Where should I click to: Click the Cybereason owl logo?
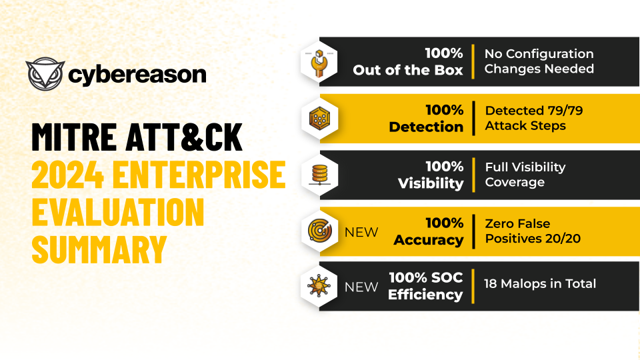coord(45,75)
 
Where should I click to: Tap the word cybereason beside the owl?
coord(137,75)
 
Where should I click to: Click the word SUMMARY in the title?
coord(99,249)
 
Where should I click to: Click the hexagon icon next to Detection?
coord(318,118)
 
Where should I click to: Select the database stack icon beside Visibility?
coord(318,175)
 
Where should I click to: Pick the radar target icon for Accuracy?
coord(318,231)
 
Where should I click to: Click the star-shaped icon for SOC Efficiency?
coord(318,286)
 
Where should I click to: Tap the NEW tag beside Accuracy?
coord(361,232)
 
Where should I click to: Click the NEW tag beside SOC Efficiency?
coord(361,287)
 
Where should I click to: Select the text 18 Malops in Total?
coord(540,283)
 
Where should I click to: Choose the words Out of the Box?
coord(408,70)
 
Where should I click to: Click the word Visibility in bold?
coord(431,183)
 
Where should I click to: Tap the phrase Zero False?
coord(517,224)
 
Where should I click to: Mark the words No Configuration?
coord(539,54)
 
